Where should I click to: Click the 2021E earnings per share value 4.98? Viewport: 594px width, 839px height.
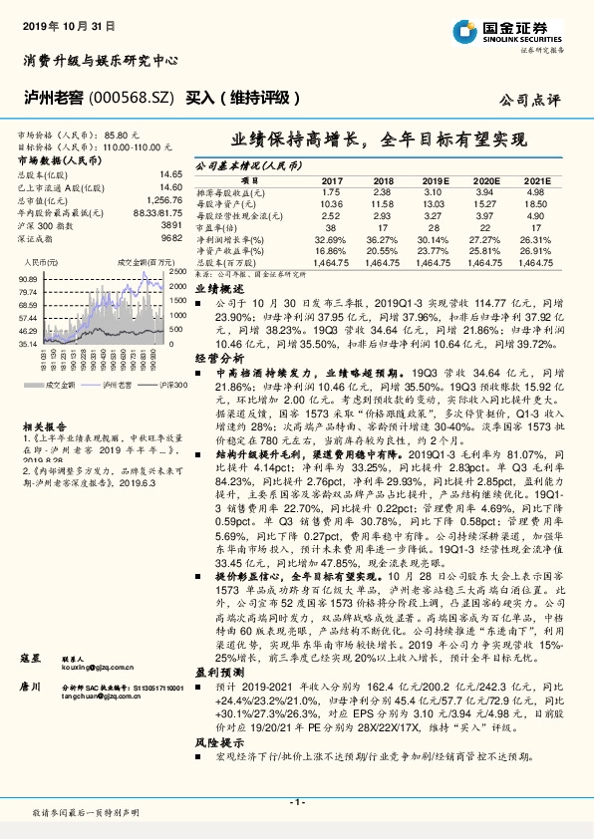pos(535,191)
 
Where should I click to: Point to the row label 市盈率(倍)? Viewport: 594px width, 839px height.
pos(219,227)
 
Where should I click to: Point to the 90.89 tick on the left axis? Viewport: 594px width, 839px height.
pos(27,279)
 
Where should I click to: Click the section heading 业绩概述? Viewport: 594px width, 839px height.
pos(214,286)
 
